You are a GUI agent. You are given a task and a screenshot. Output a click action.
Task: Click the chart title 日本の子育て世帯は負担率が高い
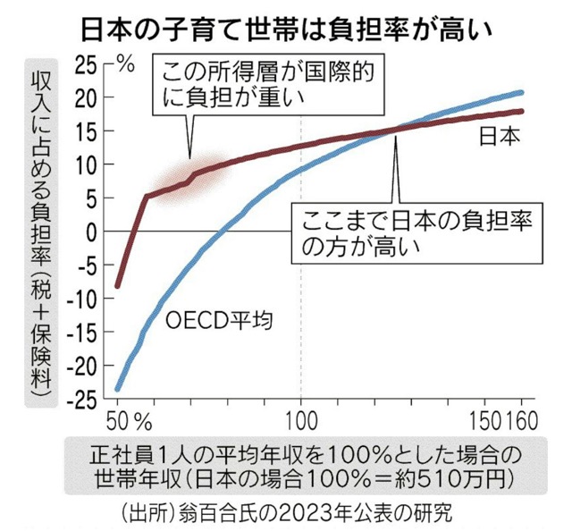point(286,26)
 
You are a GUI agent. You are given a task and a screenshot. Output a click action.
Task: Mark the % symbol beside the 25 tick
point(125,64)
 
